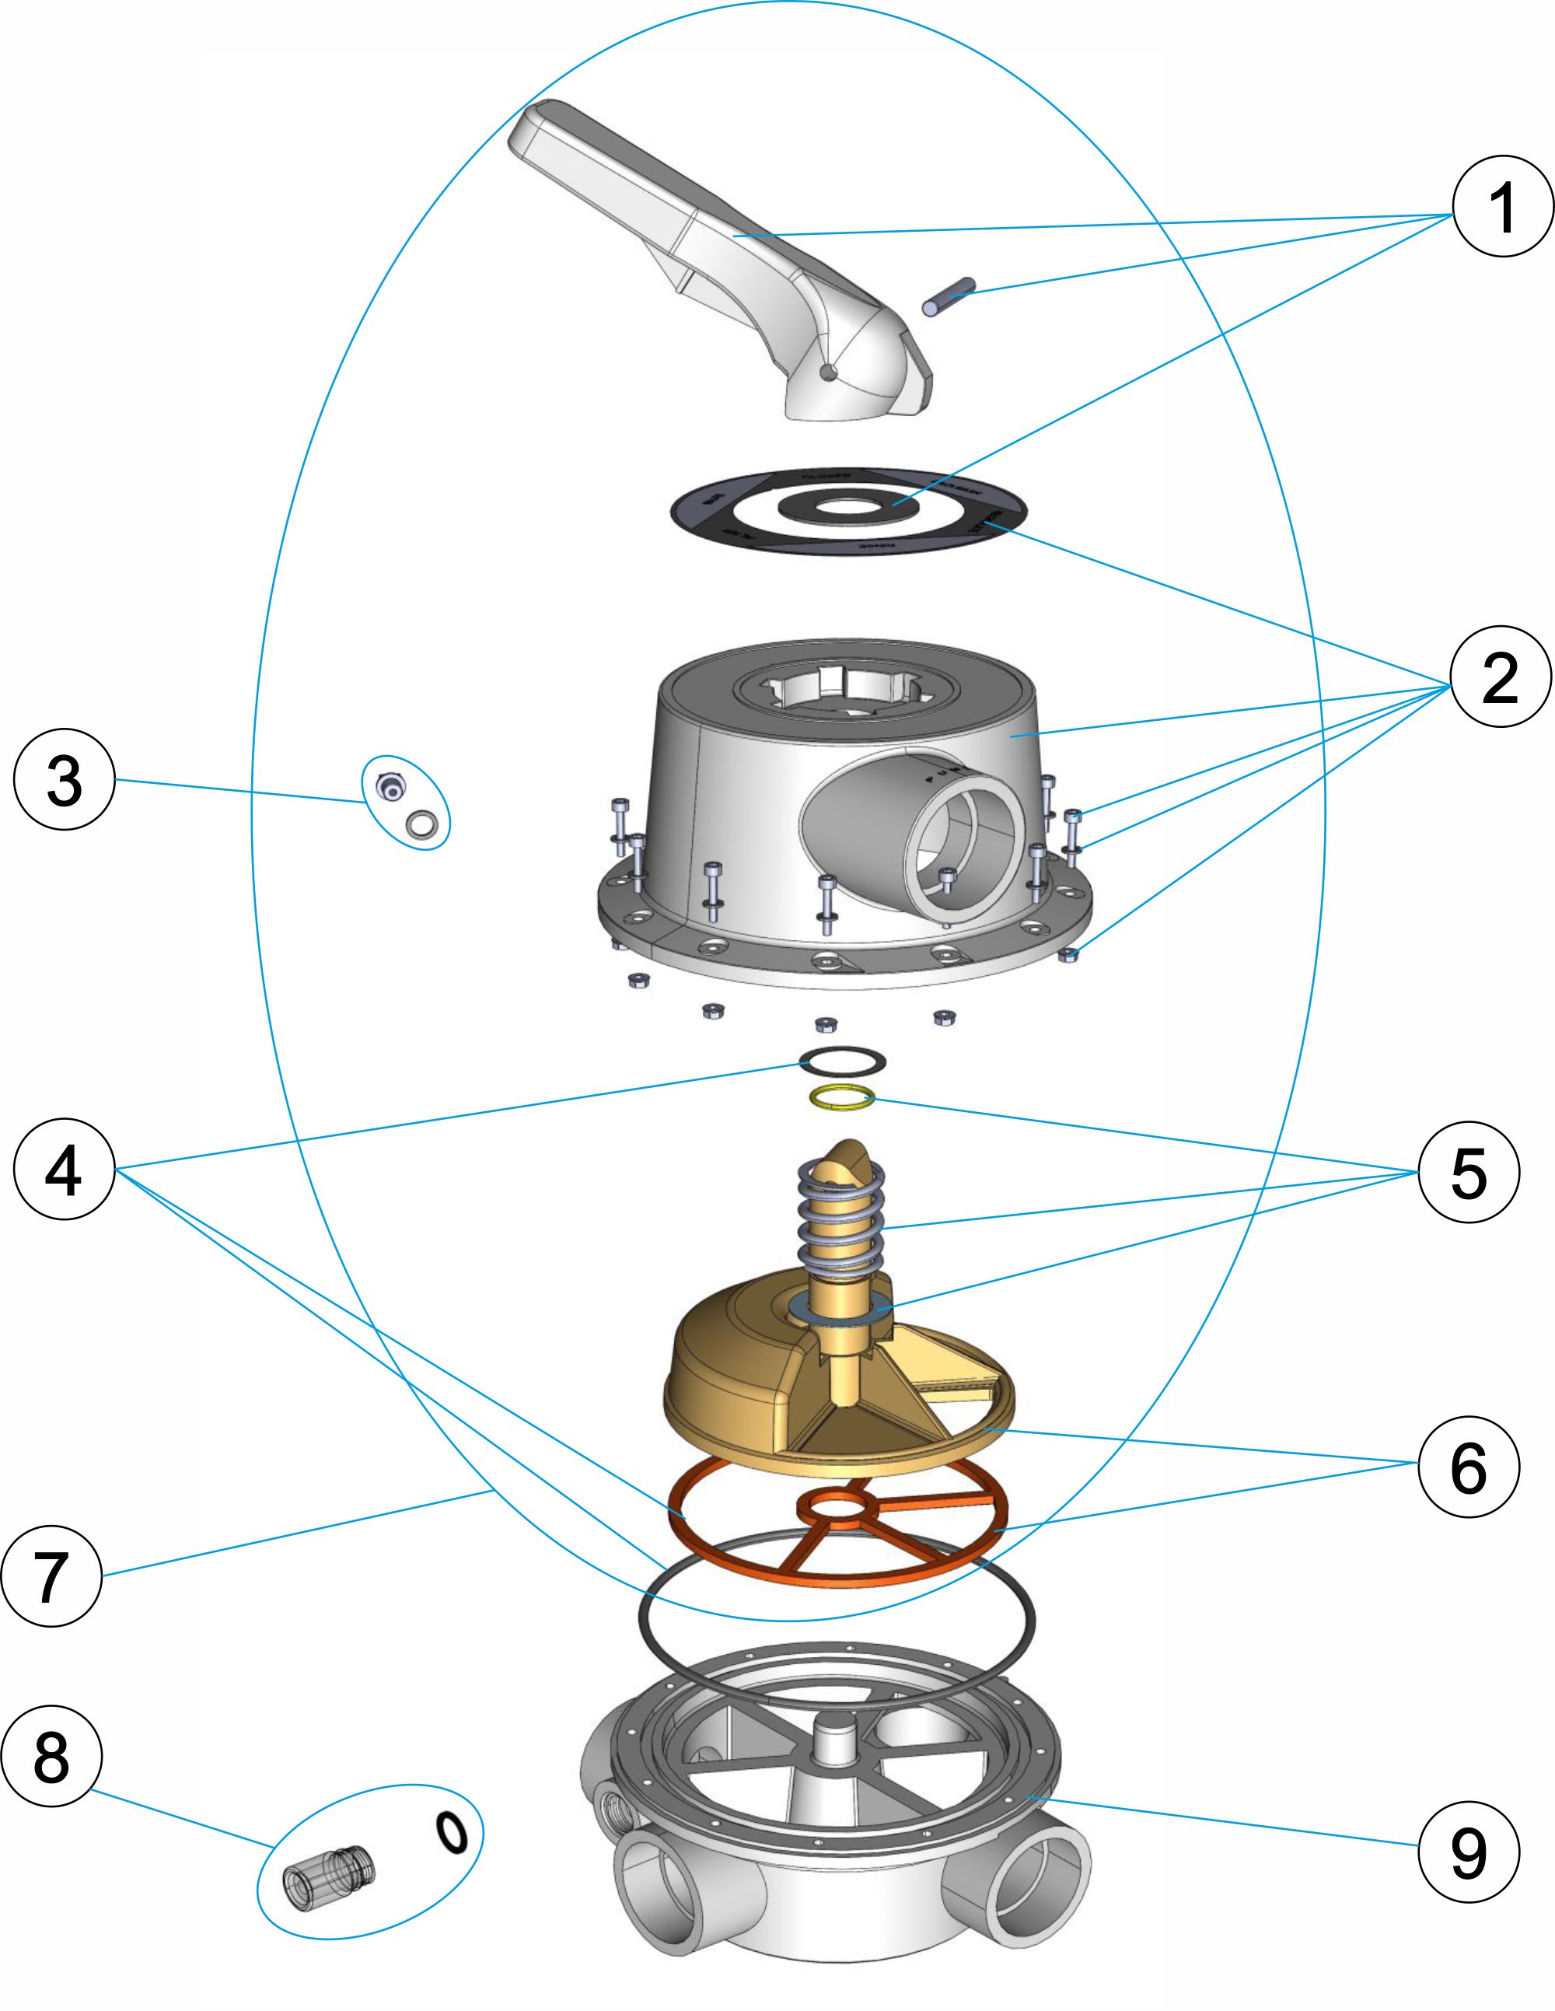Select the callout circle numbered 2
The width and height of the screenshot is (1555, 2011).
coord(1500,677)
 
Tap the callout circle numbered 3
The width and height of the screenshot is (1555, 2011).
coord(65,780)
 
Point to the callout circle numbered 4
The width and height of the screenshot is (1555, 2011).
coord(65,1170)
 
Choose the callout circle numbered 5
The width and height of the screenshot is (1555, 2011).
coord(1469,1172)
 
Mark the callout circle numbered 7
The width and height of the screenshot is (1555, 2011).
coord(51,1576)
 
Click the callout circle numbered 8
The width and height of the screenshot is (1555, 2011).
coord(51,1756)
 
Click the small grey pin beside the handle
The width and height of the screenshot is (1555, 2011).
coord(949,296)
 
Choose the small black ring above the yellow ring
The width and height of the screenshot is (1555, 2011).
coord(842,1060)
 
